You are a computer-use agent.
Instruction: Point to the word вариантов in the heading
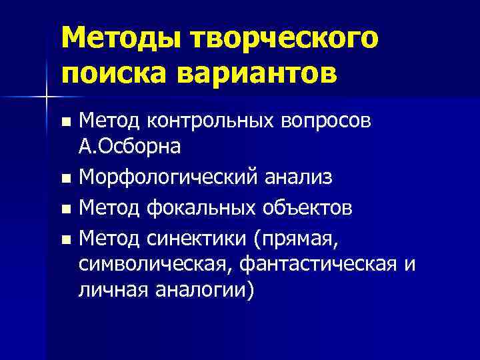[261, 71]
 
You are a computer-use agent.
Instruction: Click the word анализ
[297, 178]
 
